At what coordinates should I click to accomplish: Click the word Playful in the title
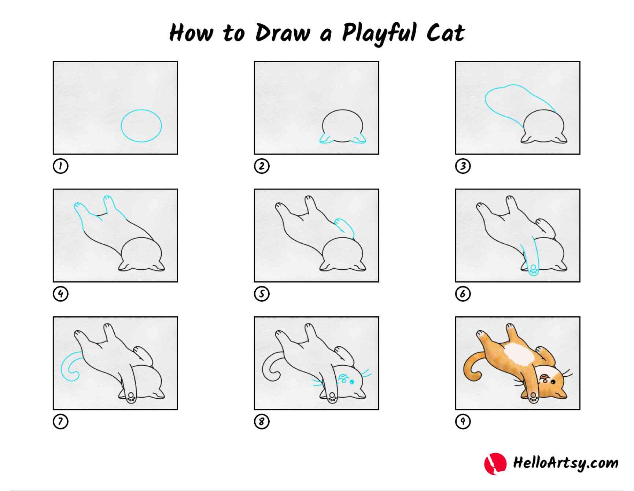pos(379,33)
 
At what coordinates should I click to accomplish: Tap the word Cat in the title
pos(445,33)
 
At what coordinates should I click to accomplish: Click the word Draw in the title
pos(282,33)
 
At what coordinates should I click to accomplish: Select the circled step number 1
pos(60,166)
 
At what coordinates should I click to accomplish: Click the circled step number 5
pos(262,294)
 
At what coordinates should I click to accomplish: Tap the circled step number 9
pos(463,421)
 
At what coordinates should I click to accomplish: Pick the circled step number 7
pos(60,421)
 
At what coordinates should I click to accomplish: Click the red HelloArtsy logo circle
pos(495,464)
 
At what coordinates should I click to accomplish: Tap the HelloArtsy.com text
pos(565,463)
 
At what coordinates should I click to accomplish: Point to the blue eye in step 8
pos(352,382)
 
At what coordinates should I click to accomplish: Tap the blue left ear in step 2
pos(325,140)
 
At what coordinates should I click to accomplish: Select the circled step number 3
pos(463,166)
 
